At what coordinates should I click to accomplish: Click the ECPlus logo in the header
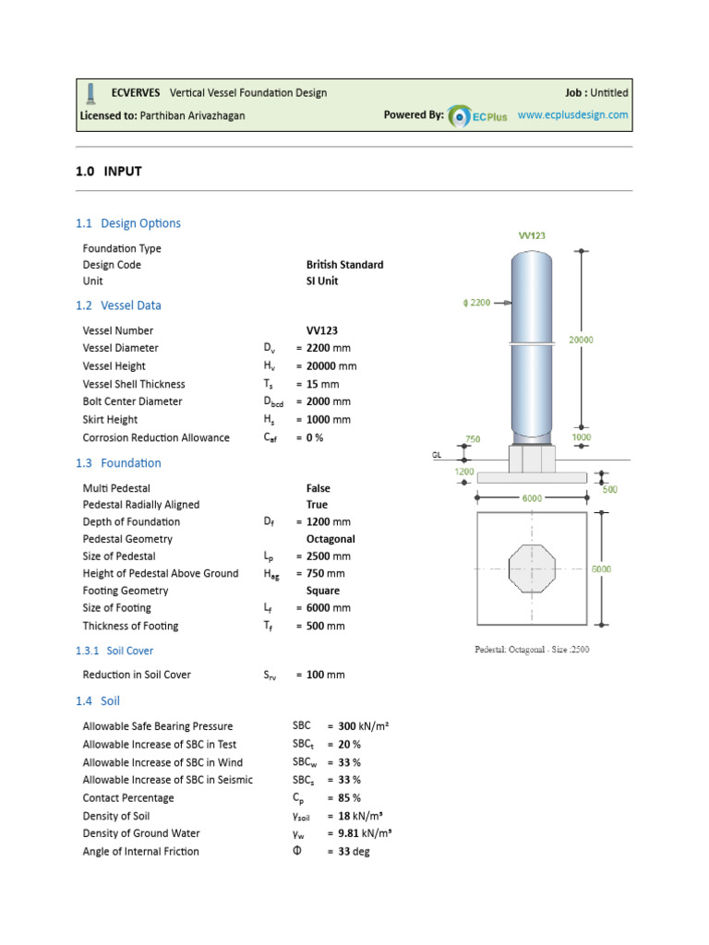click(x=477, y=116)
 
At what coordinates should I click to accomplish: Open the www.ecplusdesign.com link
click(x=572, y=115)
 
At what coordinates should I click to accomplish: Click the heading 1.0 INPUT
click(x=108, y=171)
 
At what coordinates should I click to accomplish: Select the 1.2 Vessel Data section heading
click(x=118, y=305)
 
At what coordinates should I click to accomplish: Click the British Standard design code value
click(x=344, y=265)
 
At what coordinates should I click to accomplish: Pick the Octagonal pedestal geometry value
click(x=330, y=539)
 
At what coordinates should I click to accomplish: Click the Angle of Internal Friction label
click(x=140, y=852)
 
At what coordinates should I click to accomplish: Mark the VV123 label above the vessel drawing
click(x=531, y=235)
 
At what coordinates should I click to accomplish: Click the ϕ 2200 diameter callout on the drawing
click(x=477, y=303)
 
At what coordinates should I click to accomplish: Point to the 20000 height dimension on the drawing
click(x=581, y=340)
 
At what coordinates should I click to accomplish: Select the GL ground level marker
click(x=438, y=455)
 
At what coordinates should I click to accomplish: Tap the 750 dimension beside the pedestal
click(x=472, y=439)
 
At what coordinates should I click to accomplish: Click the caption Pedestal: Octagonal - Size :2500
click(x=531, y=650)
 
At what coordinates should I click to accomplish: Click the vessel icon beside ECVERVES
click(x=90, y=92)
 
